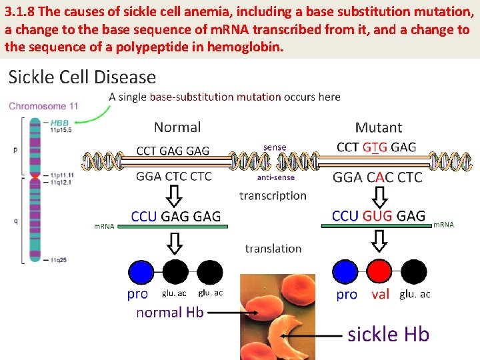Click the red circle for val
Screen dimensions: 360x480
[380, 272]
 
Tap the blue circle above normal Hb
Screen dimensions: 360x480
[141, 272]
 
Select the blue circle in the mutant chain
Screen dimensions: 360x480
[345, 272]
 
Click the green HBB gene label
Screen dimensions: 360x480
[59, 123]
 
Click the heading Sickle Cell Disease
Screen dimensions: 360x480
[82, 77]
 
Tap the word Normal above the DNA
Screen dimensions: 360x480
[177, 127]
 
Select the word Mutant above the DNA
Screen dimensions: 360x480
[378, 127]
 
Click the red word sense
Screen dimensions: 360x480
[275, 147]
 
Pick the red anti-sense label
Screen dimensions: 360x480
[275, 177]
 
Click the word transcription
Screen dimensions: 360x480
[273, 195]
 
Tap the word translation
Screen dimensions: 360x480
[273, 248]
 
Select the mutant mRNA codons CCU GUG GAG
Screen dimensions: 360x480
[378, 215]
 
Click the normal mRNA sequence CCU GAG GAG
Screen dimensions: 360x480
[175, 216]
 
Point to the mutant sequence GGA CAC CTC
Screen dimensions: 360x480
[377, 177]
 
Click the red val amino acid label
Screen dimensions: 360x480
[380, 295]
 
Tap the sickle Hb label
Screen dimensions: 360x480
[388, 334]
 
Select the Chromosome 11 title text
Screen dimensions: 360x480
[43, 106]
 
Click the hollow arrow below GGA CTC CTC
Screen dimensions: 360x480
[175, 195]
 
